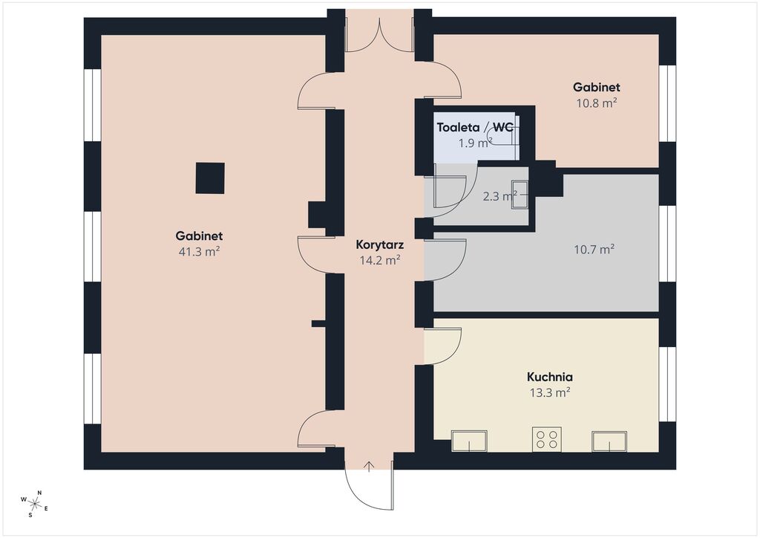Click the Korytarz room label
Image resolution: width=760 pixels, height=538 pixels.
pyautogui.click(x=379, y=245)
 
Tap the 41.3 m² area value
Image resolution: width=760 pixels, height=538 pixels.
pyautogui.click(x=199, y=252)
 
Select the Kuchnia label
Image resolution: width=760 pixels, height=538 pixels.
pyautogui.click(x=550, y=377)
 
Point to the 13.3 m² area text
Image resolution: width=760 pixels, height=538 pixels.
pyautogui.click(x=550, y=392)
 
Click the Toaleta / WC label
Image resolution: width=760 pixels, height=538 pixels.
pyautogui.click(x=475, y=128)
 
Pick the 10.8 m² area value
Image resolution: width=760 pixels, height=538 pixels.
pyautogui.click(x=596, y=103)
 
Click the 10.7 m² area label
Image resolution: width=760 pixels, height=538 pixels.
pyautogui.click(x=594, y=250)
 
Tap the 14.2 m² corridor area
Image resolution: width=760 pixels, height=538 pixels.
pyautogui.click(x=379, y=261)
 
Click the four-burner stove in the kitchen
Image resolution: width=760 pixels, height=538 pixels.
pyautogui.click(x=547, y=439)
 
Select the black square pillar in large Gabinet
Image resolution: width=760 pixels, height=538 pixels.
pyautogui.click(x=210, y=178)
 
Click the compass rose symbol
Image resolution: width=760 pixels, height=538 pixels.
pyautogui.click(x=34, y=504)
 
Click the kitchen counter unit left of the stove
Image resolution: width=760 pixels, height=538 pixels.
pyautogui.click(x=469, y=441)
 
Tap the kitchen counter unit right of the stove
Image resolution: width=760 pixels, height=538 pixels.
pyautogui.click(x=609, y=441)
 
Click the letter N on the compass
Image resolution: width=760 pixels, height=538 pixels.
pyautogui.click(x=40, y=493)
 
